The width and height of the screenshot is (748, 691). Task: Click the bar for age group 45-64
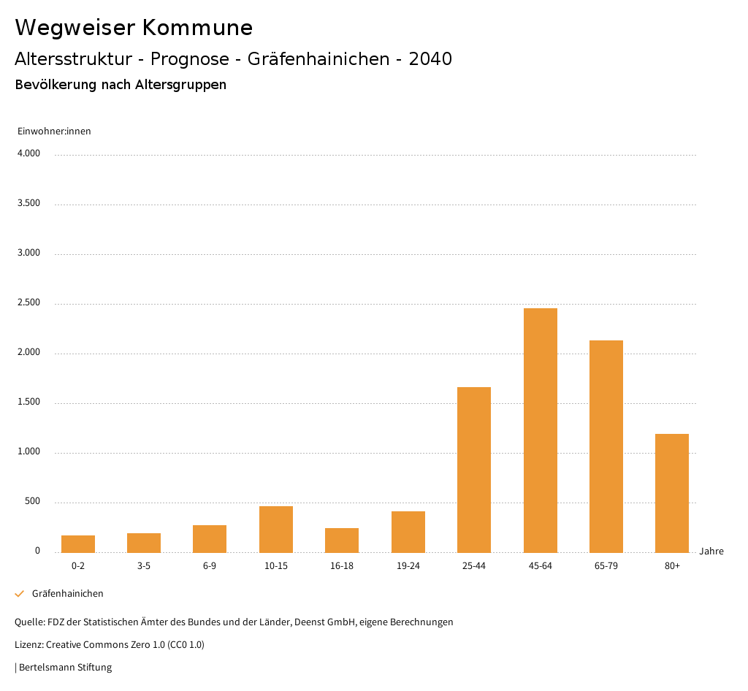(540, 430)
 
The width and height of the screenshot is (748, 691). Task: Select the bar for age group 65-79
(606, 446)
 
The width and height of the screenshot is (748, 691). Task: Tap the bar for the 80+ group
(672, 493)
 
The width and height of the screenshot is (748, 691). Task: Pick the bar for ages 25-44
(474, 470)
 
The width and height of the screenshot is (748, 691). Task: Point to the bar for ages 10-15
(276, 529)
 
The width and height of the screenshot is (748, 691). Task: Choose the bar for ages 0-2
(78, 543)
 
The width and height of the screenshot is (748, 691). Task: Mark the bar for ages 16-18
(342, 540)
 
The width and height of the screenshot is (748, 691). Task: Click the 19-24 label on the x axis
(408, 566)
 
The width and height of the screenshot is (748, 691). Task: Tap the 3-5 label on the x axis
(144, 566)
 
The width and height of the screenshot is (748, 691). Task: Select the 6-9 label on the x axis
(210, 566)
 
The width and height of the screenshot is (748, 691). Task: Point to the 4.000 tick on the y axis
(28, 154)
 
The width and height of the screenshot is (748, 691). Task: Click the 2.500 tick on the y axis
(28, 303)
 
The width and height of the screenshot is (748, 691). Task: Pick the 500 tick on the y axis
(32, 502)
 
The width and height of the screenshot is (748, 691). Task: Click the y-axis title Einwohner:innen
(54, 131)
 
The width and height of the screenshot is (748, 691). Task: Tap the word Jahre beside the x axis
(711, 551)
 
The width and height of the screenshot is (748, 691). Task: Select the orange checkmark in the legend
(20, 594)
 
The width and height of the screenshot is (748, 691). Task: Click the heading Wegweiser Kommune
(134, 28)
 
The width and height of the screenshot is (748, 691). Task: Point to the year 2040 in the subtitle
(430, 59)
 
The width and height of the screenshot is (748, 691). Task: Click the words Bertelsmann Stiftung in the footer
(65, 668)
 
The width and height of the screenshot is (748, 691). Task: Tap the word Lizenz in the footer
(28, 645)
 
